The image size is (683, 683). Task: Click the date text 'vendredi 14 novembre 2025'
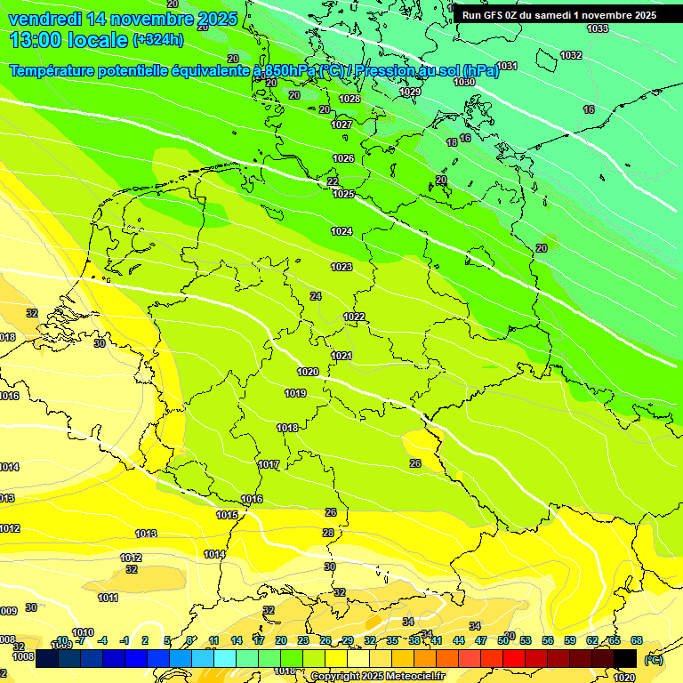point(123,19)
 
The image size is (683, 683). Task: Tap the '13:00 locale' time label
point(68,39)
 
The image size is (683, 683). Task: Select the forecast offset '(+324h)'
point(158,40)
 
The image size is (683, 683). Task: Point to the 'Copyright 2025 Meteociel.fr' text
point(377,676)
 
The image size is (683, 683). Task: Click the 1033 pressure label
point(598,29)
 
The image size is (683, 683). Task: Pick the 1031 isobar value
point(507,67)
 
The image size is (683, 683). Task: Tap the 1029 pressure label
point(410,92)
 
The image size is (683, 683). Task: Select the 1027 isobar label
point(341,125)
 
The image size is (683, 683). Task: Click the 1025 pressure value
point(343,194)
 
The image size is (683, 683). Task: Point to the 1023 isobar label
point(341,268)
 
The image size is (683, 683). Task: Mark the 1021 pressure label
point(341,356)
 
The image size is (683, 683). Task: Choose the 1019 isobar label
point(295,394)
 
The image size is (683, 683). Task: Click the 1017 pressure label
point(269,465)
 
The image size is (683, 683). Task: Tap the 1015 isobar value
point(227,516)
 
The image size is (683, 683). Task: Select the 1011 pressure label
point(108,599)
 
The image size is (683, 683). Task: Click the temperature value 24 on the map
point(316,296)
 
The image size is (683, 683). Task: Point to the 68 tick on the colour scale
point(637,640)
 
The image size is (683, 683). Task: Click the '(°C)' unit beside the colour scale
point(653,660)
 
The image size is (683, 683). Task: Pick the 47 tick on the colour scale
point(481,640)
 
